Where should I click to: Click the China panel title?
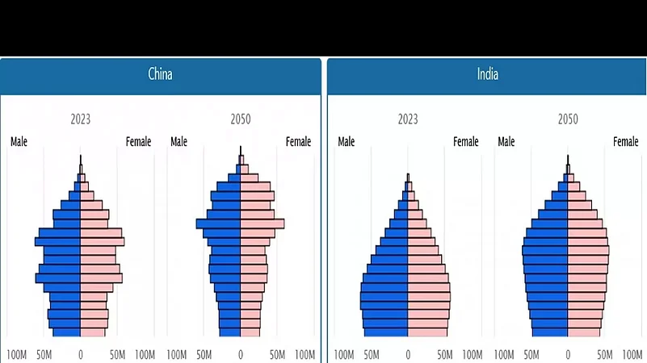[x=160, y=75]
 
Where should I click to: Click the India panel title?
[x=487, y=75]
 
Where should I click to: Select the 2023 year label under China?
[x=80, y=119]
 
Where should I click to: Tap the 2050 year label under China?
[x=240, y=119]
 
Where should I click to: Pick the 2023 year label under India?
[x=408, y=119]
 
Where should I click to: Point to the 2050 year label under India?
[x=568, y=119]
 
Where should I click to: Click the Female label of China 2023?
[x=138, y=142]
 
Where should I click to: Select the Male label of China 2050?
[x=179, y=142]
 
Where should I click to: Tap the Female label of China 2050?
[x=298, y=142]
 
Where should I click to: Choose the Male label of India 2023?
[x=346, y=142]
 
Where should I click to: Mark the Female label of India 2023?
[x=465, y=142]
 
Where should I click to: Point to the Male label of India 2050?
[x=506, y=142]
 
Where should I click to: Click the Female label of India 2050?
[x=625, y=142]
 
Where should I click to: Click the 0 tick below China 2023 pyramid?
[x=80, y=354]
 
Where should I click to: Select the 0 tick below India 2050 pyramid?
[x=568, y=354]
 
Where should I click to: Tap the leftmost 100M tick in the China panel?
[x=17, y=354]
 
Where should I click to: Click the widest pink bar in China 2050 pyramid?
[x=263, y=223]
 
